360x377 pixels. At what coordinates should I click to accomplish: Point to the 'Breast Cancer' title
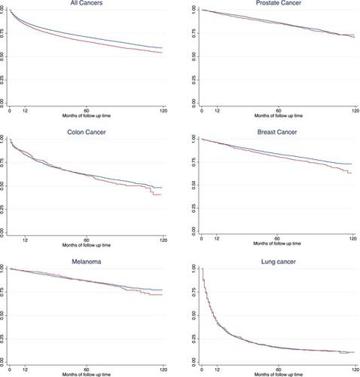pos(279,131)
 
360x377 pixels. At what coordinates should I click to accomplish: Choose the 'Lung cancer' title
pos(279,259)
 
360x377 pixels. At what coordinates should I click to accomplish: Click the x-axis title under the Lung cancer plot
pos(279,375)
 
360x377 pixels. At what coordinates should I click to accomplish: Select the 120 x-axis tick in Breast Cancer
pos(352,240)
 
